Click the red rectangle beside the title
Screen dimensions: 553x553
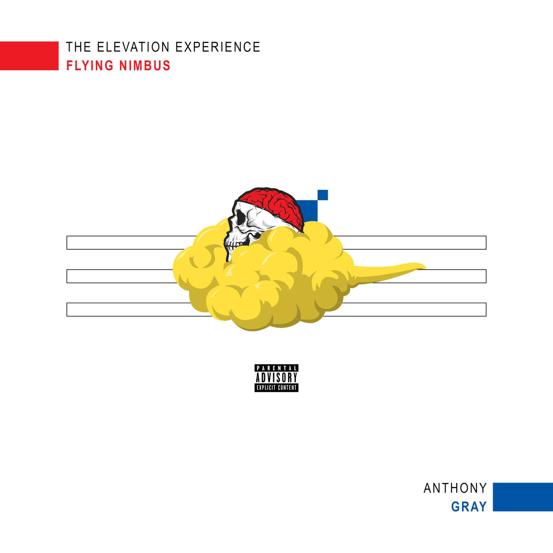coord(29,56)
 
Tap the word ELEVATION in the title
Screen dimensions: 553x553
coord(133,47)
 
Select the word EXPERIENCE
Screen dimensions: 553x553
coord(218,47)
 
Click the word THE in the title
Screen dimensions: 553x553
coord(78,47)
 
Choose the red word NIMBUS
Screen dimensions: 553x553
coord(145,65)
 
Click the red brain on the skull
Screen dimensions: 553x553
coord(271,206)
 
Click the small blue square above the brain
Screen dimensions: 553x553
coord(323,195)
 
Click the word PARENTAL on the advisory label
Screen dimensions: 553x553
coord(276,368)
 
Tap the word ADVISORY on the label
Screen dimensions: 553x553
coord(276,377)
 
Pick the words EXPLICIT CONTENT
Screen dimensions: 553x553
coord(276,388)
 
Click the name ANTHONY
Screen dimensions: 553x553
coord(455,488)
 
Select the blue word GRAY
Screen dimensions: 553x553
coord(469,506)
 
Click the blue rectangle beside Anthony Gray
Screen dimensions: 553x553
coord(523,497)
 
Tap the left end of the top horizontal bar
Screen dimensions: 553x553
coord(67,242)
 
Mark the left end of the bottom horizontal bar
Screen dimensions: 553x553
coord(67,310)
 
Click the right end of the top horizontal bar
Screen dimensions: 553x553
coord(486,242)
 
